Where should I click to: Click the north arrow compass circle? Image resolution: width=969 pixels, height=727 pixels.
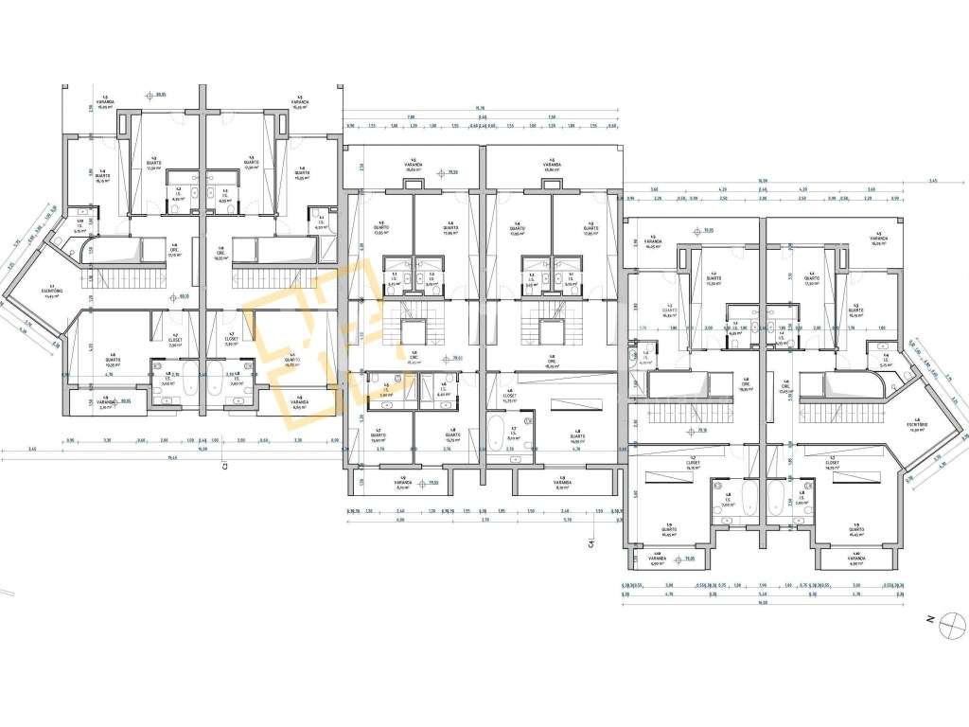pos(944,629)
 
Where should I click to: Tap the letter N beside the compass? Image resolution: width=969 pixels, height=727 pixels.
pos(931,618)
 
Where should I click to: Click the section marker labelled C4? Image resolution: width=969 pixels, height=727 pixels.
pos(589,542)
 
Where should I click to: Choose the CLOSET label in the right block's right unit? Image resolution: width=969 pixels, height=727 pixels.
pos(834,466)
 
